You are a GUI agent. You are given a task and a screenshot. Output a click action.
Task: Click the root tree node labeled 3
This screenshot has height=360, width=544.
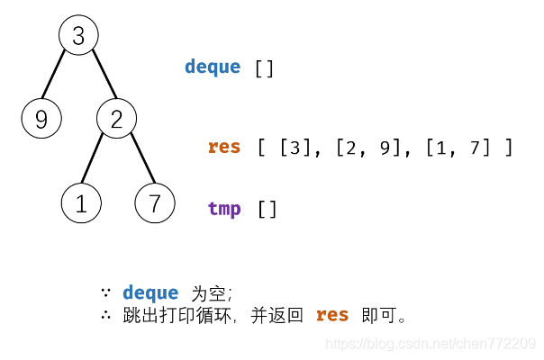click(x=78, y=36)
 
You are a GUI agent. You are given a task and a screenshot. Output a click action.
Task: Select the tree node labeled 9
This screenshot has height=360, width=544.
click(x=41, y=119)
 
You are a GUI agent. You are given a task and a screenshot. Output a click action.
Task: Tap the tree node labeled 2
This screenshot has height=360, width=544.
click(x=116, y=119)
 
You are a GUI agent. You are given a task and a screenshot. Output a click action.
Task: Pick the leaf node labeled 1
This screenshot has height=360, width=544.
click(x=81, y=203)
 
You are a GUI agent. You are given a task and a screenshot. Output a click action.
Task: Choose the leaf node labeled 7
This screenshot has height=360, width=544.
click(x=155, y=202)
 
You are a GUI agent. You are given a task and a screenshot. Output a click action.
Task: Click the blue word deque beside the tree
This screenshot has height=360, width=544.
click(x=213, y=67)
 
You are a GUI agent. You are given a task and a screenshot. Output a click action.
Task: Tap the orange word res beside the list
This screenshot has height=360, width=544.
click(x=224, y=147)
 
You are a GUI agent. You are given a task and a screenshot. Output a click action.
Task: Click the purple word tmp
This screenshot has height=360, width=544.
click(x=224, y=210)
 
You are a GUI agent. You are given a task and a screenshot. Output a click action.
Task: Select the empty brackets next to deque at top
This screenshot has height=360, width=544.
click(x=264, y=68)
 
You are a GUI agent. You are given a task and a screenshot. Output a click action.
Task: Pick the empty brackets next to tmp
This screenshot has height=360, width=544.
click(x=267, y=210)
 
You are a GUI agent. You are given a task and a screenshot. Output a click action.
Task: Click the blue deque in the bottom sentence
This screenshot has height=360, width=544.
click(x=150, y=293)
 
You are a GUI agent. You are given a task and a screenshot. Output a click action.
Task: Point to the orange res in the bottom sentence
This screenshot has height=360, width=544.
click(x=332, y=315)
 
